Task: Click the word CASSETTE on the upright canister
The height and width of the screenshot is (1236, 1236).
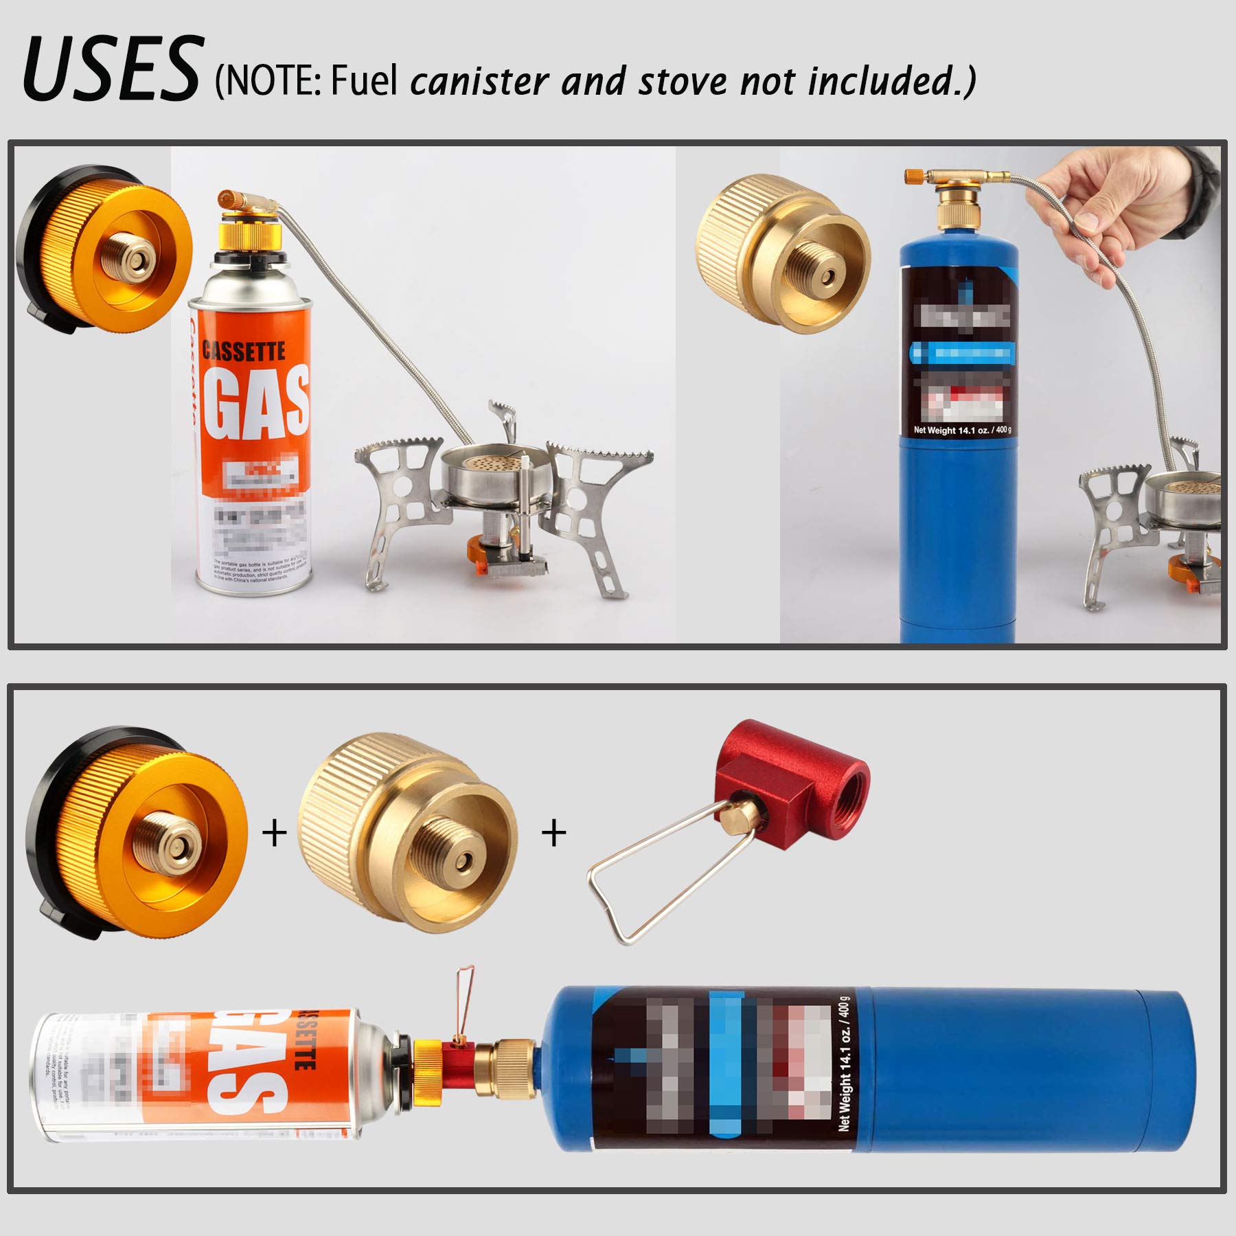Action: click(244, 352)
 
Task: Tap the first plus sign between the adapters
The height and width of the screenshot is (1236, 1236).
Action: click(275, 833)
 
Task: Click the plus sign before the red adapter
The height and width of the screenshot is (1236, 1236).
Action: click(554, 833)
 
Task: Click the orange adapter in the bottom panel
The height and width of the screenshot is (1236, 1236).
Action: click(137, 831)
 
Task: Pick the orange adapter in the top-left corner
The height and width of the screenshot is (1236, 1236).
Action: click(103, 251)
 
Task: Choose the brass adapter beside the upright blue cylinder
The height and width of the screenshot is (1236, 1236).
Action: click(783, 254)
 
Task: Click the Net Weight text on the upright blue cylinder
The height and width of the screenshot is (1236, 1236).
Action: click(961, 431)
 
